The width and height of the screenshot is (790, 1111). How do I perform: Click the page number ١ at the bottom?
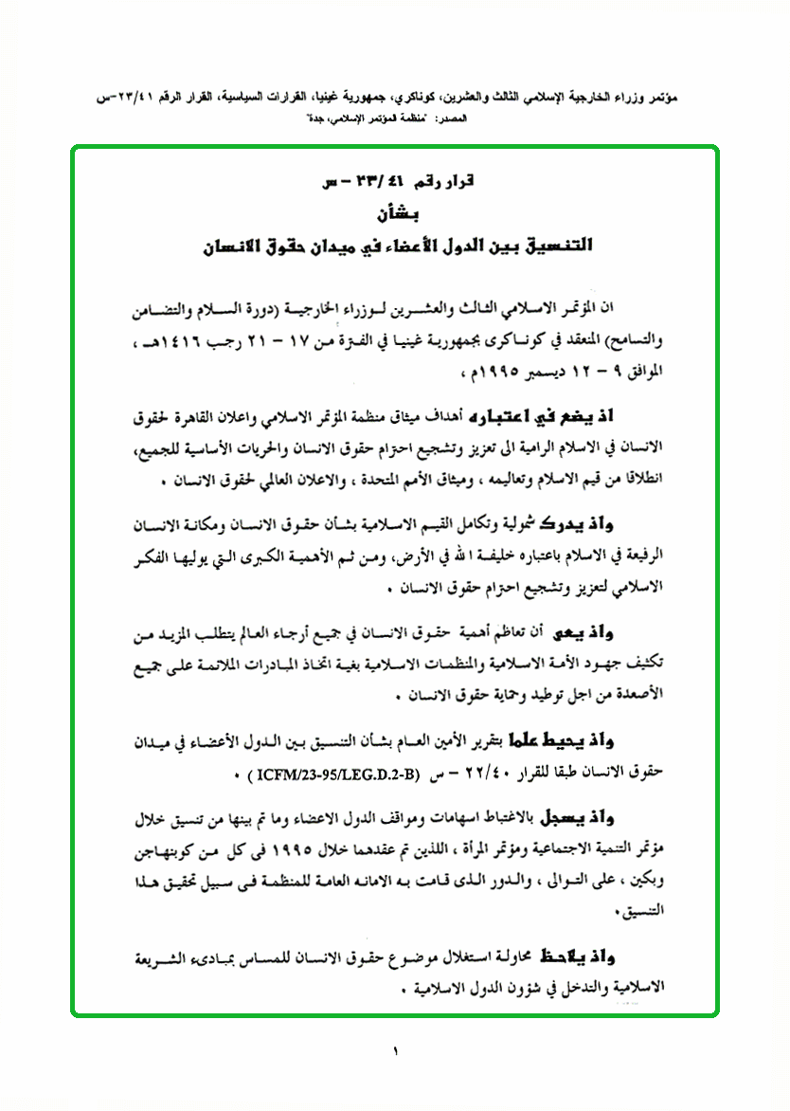396,1051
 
